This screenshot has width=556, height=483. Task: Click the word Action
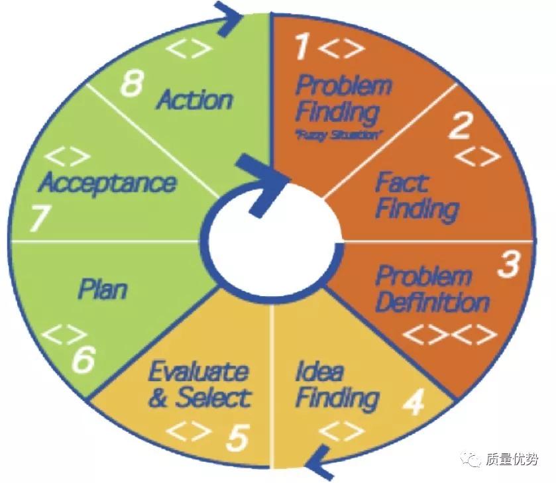coord(195,99)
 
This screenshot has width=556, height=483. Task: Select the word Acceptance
coord(108,182)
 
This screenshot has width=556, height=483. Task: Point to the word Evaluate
coord(198,371)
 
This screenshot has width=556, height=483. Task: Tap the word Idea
coord(320,370)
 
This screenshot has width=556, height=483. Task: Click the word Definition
coord(432,303)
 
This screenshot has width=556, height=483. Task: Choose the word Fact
coord(402,182)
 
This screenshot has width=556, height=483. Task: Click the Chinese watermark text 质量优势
coord(512,459)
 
